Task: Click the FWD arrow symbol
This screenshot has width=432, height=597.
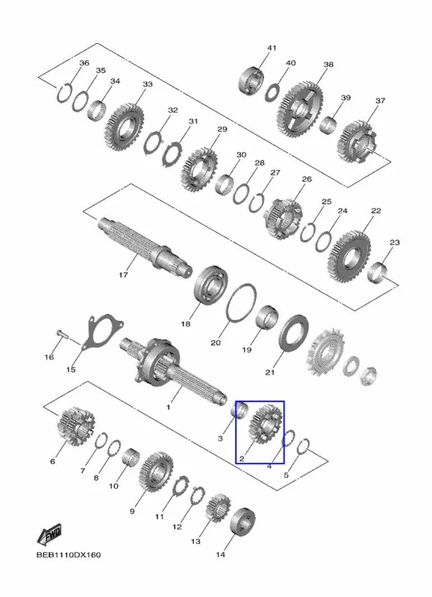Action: click(x=49, y=535)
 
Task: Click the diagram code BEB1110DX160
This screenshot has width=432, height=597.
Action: click(x=69, y=554)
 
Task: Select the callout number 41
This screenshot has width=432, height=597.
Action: click(x=272, y=49)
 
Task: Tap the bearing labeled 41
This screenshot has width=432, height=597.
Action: click(x=252, y=81)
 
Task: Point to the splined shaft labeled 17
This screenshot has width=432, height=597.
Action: click(x=145, y=245)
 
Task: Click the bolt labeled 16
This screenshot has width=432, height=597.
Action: click(x=63, y=334)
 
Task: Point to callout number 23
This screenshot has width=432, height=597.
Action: click(x=395, y=243)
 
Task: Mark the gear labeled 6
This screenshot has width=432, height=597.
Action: click(x=76, y=425)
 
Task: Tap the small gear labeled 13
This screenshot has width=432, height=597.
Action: click(x=219, y=508)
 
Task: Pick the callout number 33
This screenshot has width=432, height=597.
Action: click(x=147, y=84)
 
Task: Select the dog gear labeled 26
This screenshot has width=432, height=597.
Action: click(x=283, y=219)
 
